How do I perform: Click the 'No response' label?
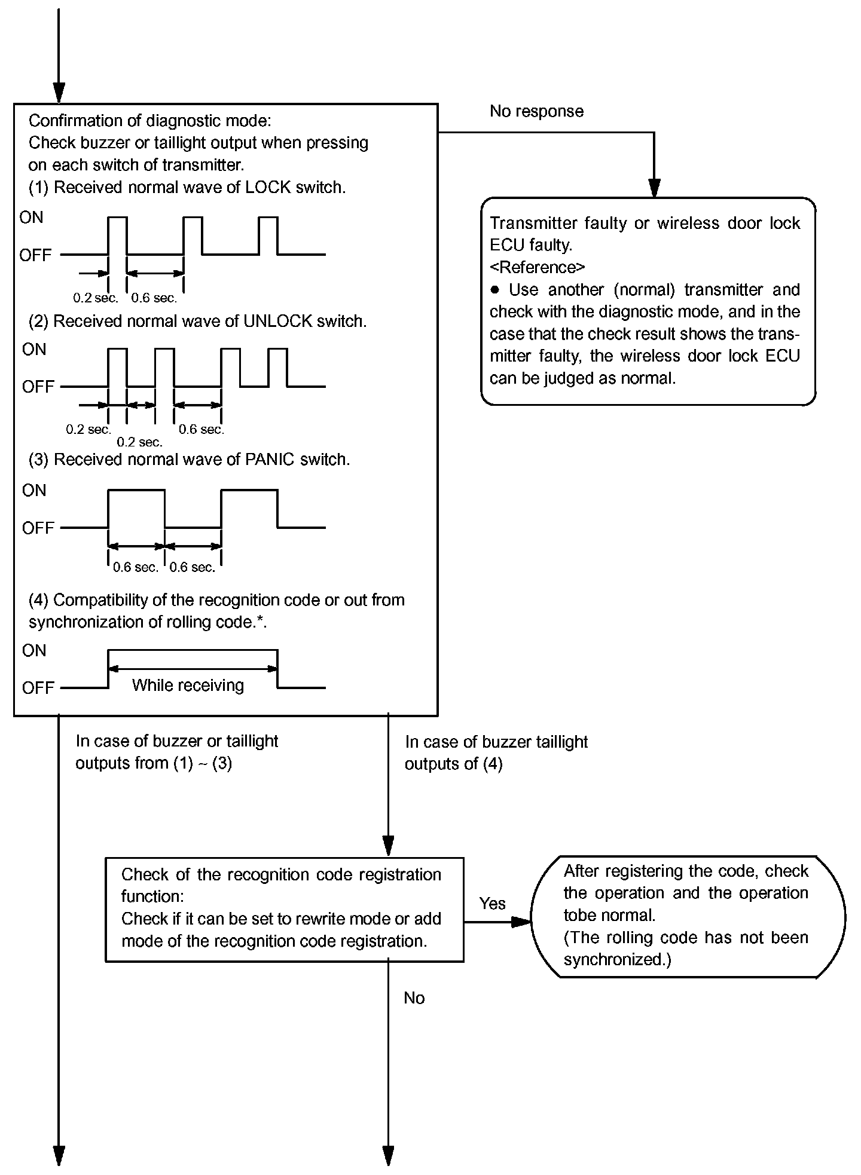pyautogui.click(x=536, y=112)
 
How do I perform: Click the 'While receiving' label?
pyautogui.click(x=188, y=685)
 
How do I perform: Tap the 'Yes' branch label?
pyautogui.click(x=492, y=904)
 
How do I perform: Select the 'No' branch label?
pyautogui.click(x=414, y=998)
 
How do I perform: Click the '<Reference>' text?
pyautogui.click(x=537, y=267)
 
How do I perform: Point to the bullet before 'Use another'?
pyautogui.click(x=494, y=290)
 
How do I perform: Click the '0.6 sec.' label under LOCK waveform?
pyautogui.click(x=154, y=298)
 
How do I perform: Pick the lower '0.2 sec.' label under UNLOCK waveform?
pyautogui.click(x=139, y=442)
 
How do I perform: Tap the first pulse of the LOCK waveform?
pyautogui.click(x=118, y=235)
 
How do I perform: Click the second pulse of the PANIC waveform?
pyautogui.click(x=249, y=508)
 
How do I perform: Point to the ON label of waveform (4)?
pyautogui.click(x=34, y=650)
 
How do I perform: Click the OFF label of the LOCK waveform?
pyautogui.click(x=35, y=255)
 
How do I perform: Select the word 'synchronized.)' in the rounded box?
pyautogui.click(x=617, y=960)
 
